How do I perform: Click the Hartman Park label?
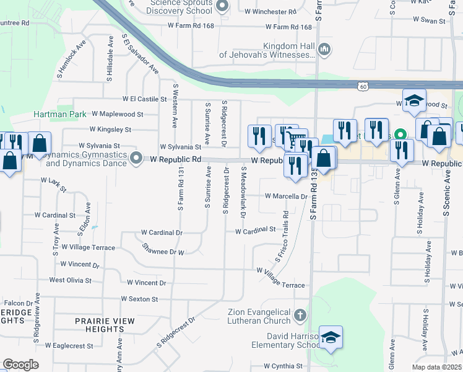[59, 115]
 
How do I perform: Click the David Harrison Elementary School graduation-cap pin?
[331, 337]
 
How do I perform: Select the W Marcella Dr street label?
[286, 197]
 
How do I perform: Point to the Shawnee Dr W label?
[164, 252]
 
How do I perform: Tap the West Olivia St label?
[70, 280]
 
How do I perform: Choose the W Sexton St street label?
[139, 299]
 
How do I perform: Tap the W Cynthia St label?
[283, 366]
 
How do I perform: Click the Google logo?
[20, 365]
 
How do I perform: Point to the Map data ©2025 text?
[436, 367]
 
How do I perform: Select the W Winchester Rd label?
[270, 12]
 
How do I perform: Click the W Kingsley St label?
[110, 130]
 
